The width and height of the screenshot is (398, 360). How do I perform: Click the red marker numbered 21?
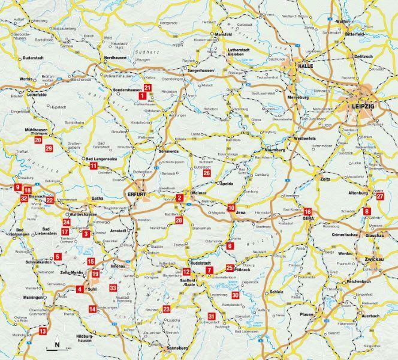(x=148, y=87)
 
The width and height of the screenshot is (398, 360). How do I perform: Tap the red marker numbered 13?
(x=43, y=331)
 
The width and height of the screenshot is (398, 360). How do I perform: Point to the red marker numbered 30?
(x=236, y=295)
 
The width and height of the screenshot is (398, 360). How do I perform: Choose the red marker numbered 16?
(x=307, y=212)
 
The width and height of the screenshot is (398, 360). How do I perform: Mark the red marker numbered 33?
(x=113, y=289)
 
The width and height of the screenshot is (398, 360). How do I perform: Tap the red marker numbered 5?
(x=58, y=257)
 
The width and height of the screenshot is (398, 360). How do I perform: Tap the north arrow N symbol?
(x=56, y=344)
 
